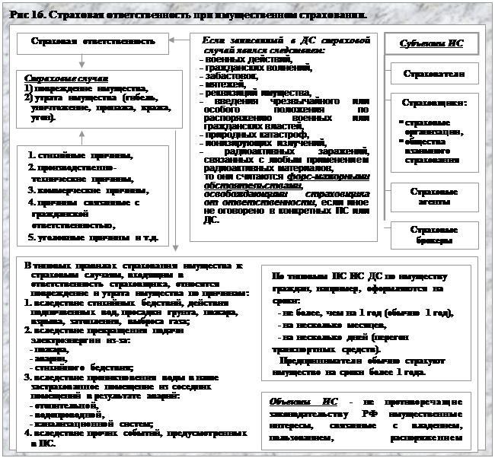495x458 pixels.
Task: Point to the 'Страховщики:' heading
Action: coord(433,103)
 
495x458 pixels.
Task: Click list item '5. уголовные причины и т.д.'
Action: coord(92,237)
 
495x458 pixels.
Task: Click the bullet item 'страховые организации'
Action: coord(431,126)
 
